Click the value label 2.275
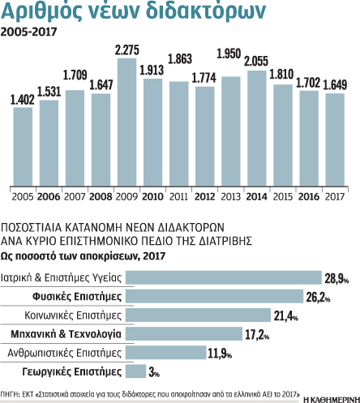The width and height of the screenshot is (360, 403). [x=126, y=50]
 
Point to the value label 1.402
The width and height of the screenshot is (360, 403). [x=23, y=100]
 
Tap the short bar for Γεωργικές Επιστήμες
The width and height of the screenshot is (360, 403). [x=136, y=370]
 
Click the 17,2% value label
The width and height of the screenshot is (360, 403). [x=255, y=333]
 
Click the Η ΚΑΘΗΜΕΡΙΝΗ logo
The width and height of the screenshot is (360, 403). [x=329, y=397]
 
